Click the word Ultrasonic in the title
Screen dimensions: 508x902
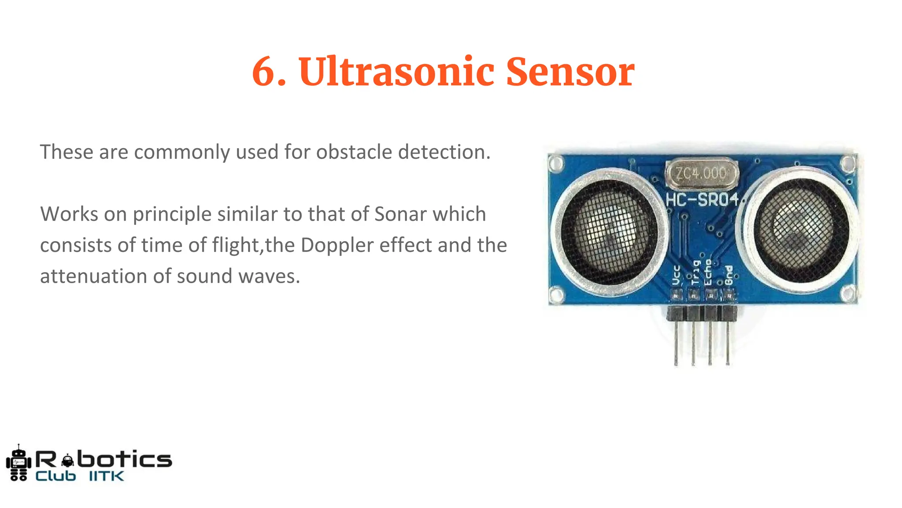pos(396,72)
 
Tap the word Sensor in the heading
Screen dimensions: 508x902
pos(570,72)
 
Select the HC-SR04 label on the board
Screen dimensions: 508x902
pos(702,200)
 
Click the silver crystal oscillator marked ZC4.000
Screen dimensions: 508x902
pos(702,173)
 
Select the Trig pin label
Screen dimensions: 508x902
pos(695,273)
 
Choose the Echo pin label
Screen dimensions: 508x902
pos(708,272)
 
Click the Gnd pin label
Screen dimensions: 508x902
pos(728,275)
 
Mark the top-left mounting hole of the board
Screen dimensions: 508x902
pos(556,164)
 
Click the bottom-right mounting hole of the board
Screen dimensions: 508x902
pos(848,292)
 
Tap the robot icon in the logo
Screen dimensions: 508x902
pos(18,463)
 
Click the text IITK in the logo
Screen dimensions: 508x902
pos(107,476)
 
